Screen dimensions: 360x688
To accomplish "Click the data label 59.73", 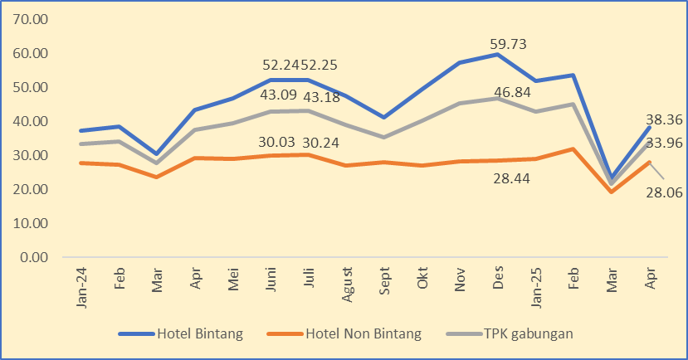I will tap(509, 45).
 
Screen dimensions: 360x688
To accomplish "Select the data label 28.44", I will tap(509, 178).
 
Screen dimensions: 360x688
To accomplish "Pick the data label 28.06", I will tap(665, 193).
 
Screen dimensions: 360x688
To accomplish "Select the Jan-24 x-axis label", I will tap(81, 288).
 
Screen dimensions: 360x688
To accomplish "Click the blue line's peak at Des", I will tap(497, 55).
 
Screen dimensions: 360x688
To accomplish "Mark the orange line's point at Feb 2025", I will tap(573, 149).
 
